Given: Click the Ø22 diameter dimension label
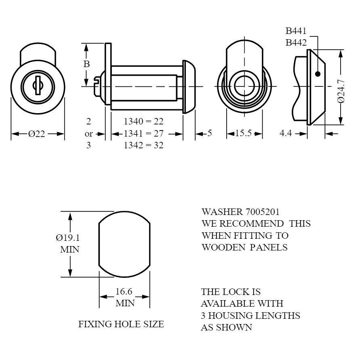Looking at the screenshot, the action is (36, 134).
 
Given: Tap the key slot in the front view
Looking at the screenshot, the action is (38, 85).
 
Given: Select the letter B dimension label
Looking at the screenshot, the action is (86, 64).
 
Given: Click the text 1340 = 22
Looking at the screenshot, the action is (143, 121).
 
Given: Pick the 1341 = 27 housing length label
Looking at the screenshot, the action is (143, 133).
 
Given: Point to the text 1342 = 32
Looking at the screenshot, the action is (143, 145).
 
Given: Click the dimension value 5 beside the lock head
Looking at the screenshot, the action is (209, 133).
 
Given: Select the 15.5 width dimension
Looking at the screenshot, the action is (243, 133).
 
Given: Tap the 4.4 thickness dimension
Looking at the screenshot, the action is (286, 133).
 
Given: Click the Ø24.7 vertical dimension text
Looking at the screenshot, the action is (341, 91).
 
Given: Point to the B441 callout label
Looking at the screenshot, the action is (296, 31).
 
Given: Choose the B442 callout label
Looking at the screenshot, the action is (296, 43).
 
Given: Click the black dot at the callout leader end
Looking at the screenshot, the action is (318, 74).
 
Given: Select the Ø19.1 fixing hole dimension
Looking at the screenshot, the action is (68, 238).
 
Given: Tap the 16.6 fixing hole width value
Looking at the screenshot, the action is (124, 291).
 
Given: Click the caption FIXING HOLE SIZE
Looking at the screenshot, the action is (121, 324).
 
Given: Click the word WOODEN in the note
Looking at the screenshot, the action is (223, 247).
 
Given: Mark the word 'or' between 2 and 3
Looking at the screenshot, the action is (88, 134).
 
